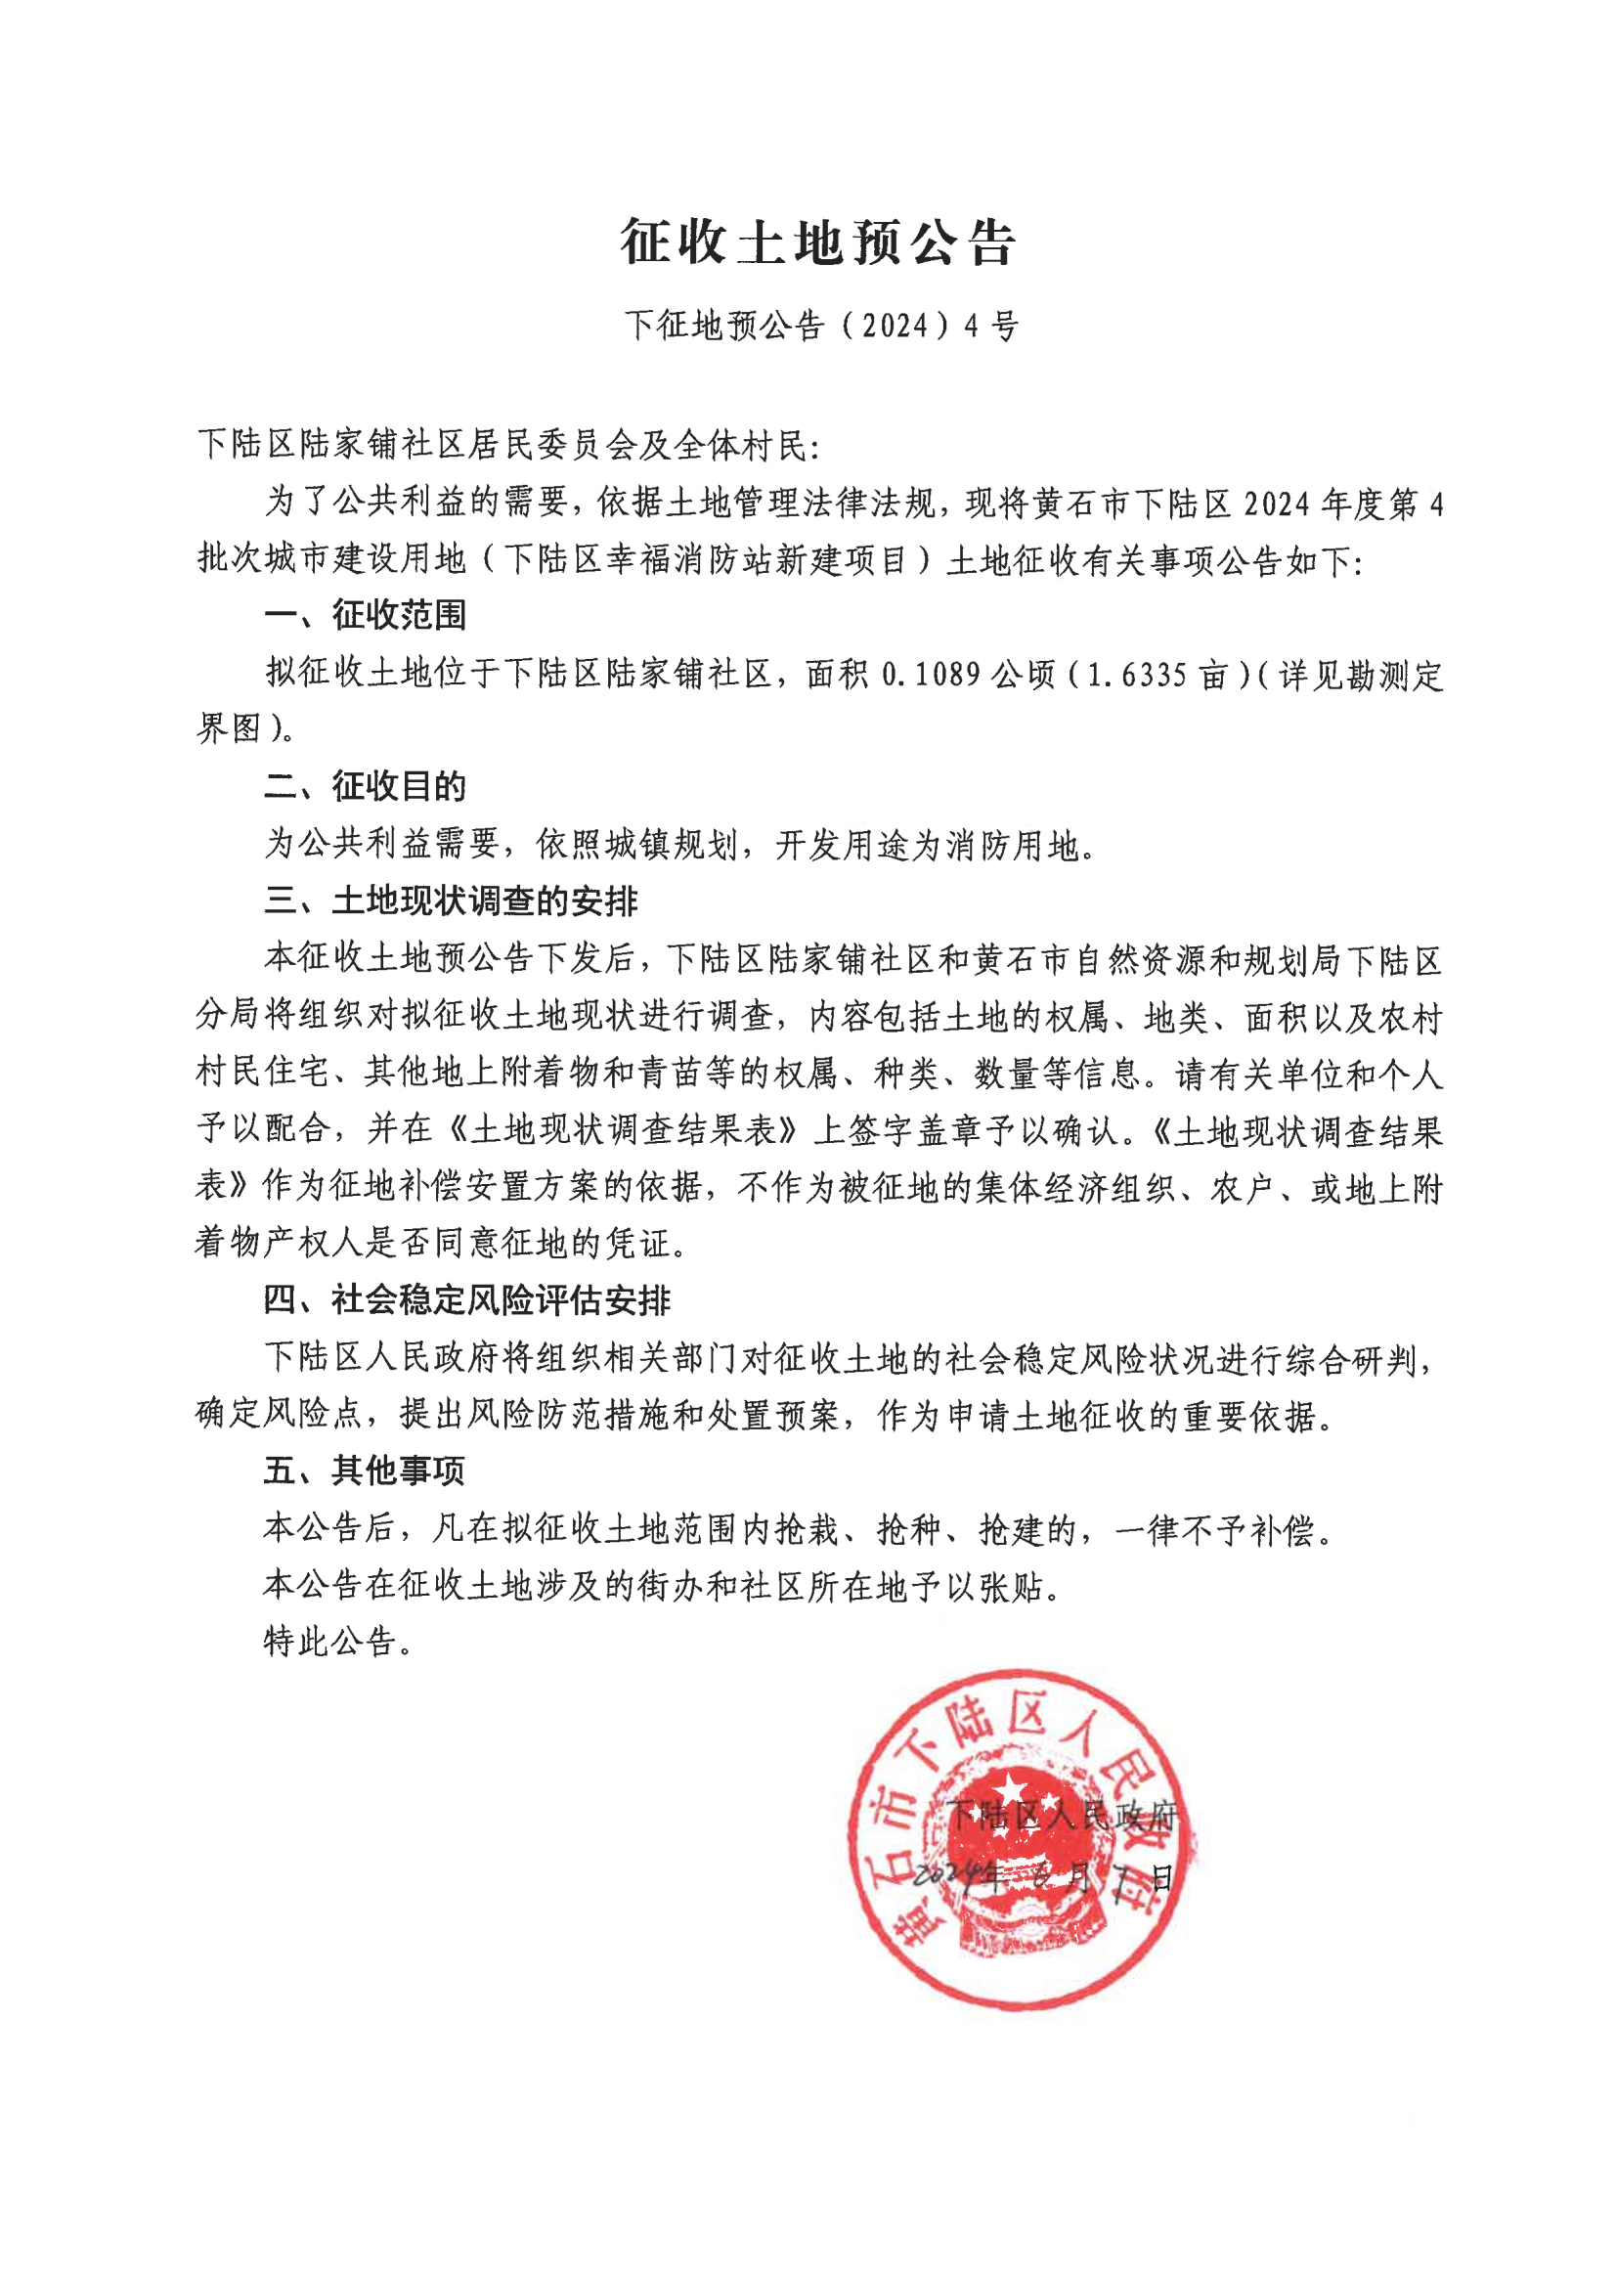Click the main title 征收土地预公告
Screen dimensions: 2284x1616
[x=817, y=242]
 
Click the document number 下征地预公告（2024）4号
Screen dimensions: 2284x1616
[x=821, y=326]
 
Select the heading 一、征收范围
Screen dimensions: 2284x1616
[x=366, y=615]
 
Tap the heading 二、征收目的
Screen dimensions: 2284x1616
[x=366, y=786]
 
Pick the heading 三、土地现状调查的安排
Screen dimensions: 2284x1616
[x=451, y=901]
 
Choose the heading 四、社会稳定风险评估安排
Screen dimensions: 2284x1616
[x=466, y=1299]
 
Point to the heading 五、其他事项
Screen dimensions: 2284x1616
[x=365, y=1471]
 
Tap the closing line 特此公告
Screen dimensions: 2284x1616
[x=338, y=1641]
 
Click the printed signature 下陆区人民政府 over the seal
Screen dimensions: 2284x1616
[x=1062, y=1817]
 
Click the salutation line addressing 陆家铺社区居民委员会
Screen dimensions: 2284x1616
[x=507, y=445]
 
